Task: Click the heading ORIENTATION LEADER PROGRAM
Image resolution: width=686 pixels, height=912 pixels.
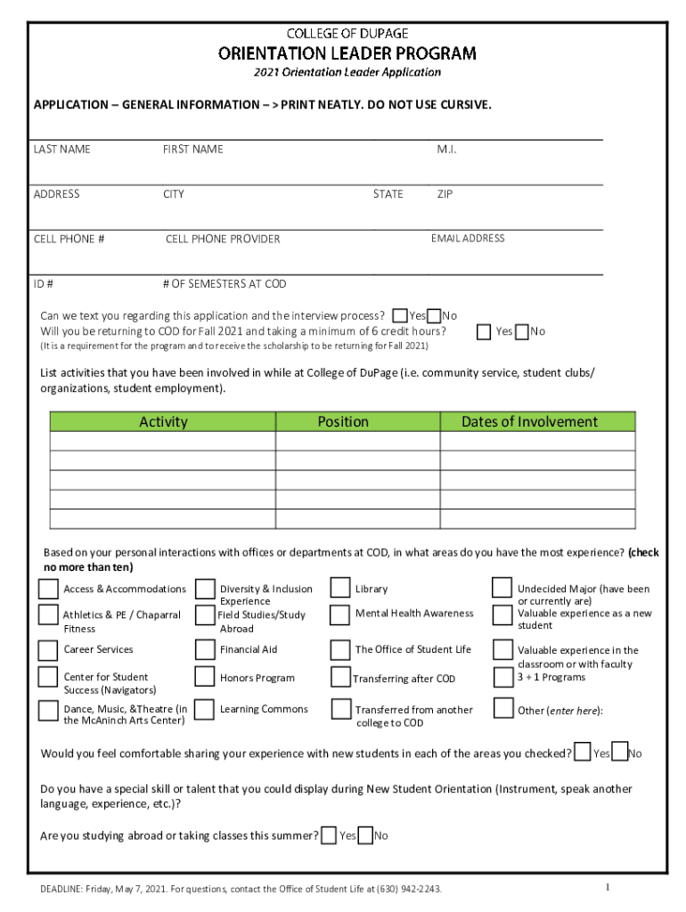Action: [x=347, y=53]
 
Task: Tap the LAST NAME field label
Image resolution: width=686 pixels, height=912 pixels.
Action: [x=61, y=149]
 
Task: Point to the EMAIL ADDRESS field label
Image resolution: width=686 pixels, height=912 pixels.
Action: [x=468, y=238]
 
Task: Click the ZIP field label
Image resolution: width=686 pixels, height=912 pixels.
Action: [x=445, y=194]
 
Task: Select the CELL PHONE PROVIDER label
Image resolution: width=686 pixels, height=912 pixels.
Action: [x=223, y=239]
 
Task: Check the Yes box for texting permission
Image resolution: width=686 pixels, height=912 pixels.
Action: [x=400, y=316]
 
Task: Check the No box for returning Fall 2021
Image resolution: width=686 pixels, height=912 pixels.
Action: [x=522, y=332]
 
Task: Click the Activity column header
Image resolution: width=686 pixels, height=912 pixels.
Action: [x=163, y=422]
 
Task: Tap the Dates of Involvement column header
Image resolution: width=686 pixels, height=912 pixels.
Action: [x=529, y=422]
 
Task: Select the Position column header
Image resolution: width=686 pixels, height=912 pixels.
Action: [x=343, y=422]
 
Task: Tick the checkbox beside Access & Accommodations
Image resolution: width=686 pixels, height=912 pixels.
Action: [x=48, y=589]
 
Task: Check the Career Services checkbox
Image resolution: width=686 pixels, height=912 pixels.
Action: [x=48, y=650]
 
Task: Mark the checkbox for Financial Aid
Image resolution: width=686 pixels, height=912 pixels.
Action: [x=205, y=650]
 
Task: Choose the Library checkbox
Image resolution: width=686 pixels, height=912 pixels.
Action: [x=339, y=588]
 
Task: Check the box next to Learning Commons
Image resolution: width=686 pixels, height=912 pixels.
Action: [x=205, y=709]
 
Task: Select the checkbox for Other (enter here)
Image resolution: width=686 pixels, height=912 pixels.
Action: [x=502, y=709]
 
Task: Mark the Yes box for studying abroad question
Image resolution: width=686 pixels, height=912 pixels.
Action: [x=329, y=835]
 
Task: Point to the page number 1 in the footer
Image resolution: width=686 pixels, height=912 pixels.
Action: [x=607, y=887]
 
